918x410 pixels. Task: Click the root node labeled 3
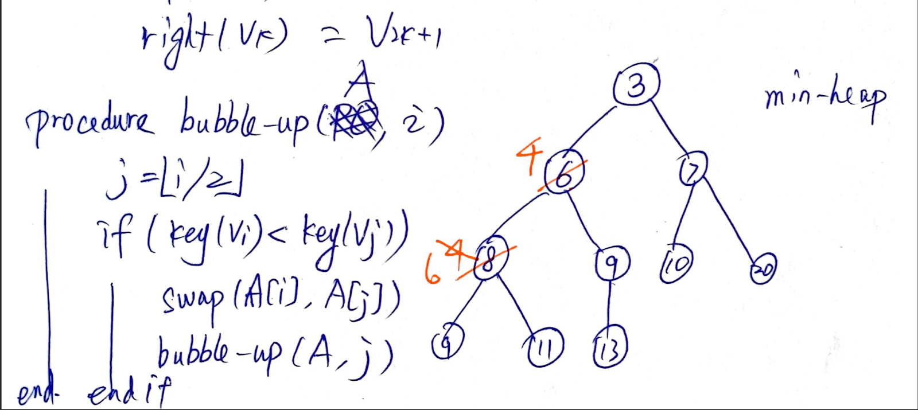[636, 86]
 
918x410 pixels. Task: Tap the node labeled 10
[676, 264]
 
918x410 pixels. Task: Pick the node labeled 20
[764, 268]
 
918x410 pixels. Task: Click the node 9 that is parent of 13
[612, 263]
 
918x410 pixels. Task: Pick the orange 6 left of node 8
[433, 269]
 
